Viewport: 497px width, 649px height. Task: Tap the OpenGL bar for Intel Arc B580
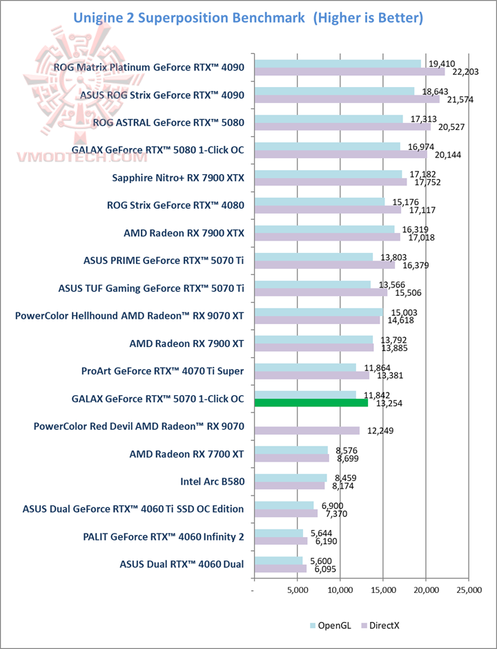pos(290,477)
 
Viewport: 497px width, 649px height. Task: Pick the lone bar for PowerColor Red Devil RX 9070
pos(306,431)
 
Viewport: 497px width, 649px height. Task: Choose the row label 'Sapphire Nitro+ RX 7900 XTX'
pos(178,178)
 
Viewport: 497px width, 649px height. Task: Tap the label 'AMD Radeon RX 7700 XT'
pos(186,454)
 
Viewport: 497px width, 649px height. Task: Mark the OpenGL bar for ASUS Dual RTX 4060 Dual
pos(278,561)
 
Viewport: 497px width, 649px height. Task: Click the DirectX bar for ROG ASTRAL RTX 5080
pos(342,126)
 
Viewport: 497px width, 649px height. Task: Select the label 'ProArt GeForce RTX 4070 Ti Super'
pos(162,371)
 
